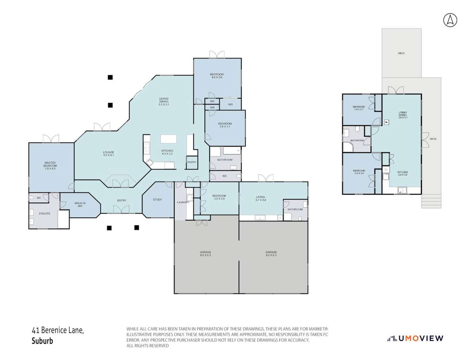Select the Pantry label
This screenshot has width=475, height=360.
192,162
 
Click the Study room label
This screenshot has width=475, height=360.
157,200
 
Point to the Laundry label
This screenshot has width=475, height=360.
183,202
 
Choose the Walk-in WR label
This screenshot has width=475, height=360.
80,205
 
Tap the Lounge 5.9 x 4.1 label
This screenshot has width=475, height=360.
109,154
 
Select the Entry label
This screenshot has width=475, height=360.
122,200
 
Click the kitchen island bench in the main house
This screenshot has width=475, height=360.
168,139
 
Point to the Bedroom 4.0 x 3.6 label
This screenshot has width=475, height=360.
217,76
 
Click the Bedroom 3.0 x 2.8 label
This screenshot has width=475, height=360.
219,197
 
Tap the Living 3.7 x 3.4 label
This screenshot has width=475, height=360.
260,198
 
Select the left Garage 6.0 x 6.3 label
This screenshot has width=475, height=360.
205,253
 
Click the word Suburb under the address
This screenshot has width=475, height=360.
42,341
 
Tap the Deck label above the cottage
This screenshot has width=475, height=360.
401,53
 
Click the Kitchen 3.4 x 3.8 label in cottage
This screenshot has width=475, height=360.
403,173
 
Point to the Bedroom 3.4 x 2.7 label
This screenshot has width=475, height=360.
359,108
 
